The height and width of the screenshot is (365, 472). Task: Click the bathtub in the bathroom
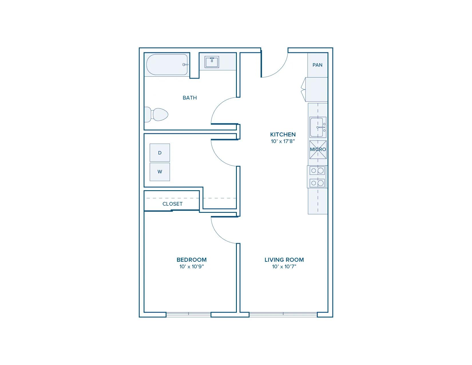[x=167, y=64]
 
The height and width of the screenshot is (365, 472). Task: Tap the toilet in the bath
[x=156, y=114]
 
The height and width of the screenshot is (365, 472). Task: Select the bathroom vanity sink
[x=212, y=62]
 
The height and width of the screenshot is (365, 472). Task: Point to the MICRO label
[x=318, y=149]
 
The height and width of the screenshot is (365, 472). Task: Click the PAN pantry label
[x=317, y=65]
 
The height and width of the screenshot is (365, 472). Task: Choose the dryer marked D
[x=160, y=153]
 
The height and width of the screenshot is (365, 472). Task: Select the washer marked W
[x=160, y=172]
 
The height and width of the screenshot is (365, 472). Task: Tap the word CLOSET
[x=172, y=204]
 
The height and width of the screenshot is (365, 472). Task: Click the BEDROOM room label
[x=192, y=260]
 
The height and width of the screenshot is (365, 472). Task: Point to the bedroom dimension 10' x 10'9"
[x=192, y=267]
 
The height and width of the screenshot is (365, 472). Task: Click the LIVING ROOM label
[x=284, y=260]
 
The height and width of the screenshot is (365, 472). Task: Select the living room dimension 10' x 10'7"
[x=284, y=267]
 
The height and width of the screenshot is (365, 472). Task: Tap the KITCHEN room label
[x=283, y=134]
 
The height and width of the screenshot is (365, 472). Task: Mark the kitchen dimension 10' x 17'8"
[x=283, y=141]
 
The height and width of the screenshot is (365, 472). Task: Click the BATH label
[x=190, y=98]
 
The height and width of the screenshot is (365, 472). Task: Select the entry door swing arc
[x=280, y=70]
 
